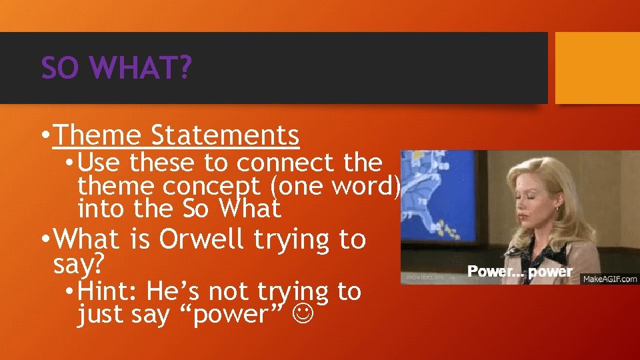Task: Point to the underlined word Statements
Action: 225,135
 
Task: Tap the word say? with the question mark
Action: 79,264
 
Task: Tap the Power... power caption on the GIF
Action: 519,271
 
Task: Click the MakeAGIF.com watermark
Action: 610,279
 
